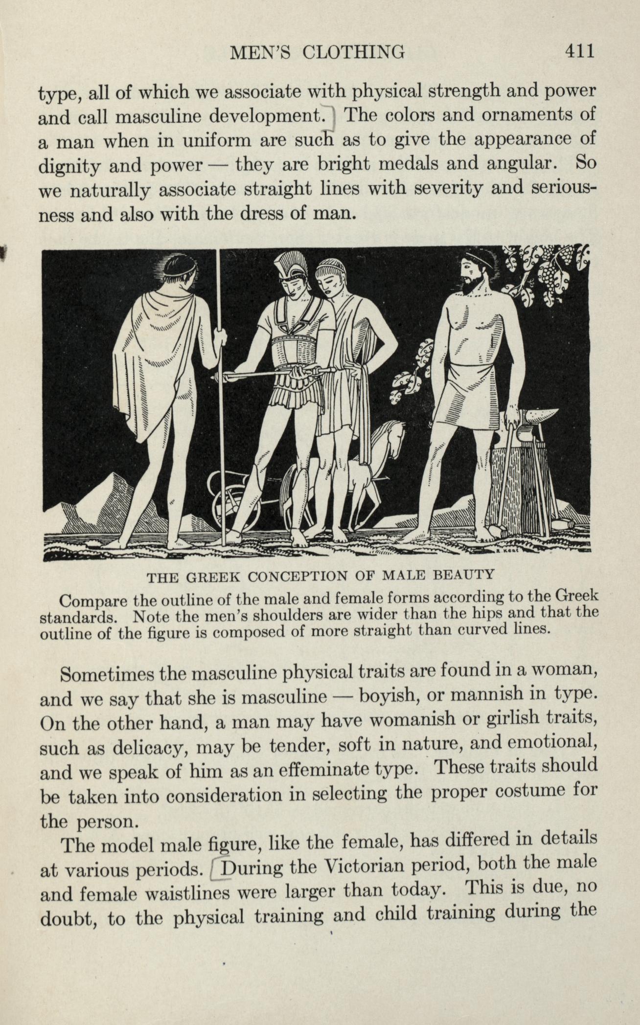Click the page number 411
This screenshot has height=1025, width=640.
pyautogui.click(x=579, y=51)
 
